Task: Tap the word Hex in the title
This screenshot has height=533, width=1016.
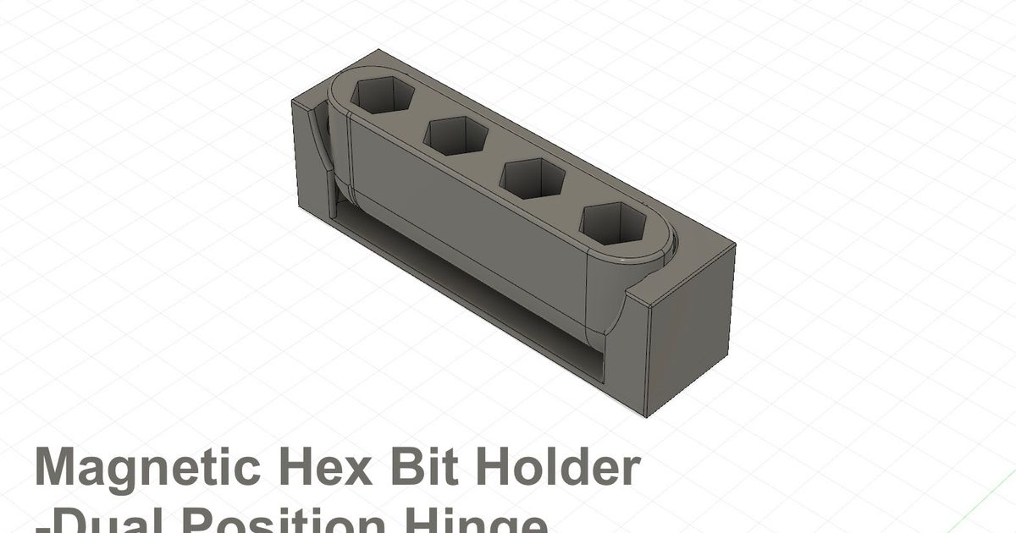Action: [322, 468]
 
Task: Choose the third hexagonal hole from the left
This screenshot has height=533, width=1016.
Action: [533, 179]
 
